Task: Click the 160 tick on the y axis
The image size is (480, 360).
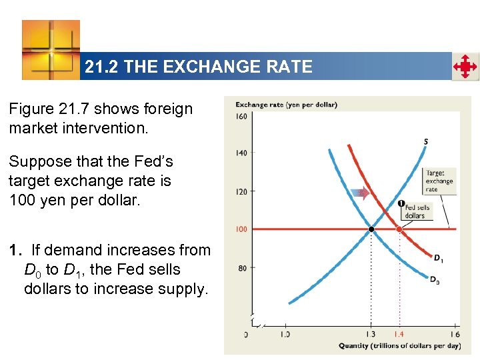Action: tap(241, 116)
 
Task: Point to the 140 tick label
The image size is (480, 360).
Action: tap(241, 153)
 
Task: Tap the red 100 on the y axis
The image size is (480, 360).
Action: tap(241, 229)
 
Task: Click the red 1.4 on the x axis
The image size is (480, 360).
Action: tap(399, 334)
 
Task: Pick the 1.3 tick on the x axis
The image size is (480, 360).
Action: tap(371, 334)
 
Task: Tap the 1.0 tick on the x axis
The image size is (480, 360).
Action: tap(285, 334)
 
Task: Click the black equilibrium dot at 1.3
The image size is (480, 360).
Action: tap(371, 229)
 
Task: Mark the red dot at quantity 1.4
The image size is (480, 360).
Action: tap(399, 229)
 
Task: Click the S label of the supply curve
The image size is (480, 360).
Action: tap(426, 141)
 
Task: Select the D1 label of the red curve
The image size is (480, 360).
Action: tap(437, 258)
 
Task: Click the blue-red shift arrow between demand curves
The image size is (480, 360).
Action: tap(360, 193)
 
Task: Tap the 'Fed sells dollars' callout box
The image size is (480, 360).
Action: tap(417, 211)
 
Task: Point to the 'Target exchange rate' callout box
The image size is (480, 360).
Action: tap(439, 181)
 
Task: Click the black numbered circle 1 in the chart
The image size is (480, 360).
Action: tap(401, 203)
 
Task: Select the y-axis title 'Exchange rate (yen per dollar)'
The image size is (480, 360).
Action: tap(286, 105)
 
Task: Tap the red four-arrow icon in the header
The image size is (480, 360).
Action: tap(465, 67)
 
